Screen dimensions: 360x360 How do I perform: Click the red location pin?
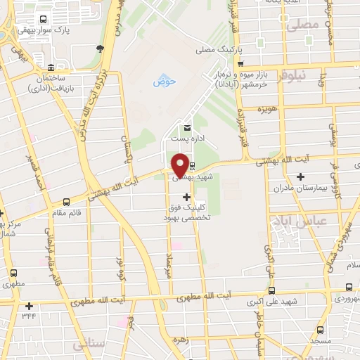click(180, 165)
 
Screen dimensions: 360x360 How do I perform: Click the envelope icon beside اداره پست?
click(186, 128)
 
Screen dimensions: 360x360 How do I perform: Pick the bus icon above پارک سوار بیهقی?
click(44, 20)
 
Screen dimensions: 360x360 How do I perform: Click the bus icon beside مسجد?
click(321, 330)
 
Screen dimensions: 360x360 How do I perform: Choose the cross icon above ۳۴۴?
click(29, 306)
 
